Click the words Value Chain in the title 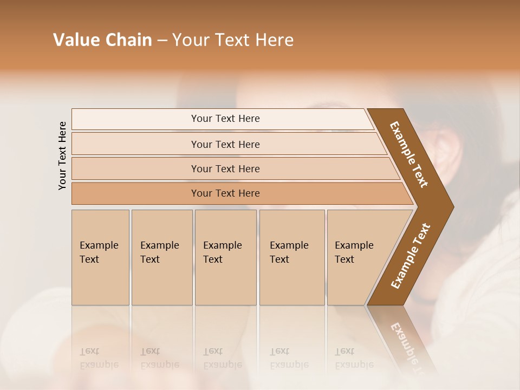pos(102,40)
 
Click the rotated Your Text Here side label pos(62,155)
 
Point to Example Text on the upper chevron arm pos(409,154)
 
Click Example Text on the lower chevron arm pos(410,256)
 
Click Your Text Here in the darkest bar pos(225,193)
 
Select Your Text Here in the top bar pos(225,119)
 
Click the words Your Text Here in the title pos(233,40)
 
